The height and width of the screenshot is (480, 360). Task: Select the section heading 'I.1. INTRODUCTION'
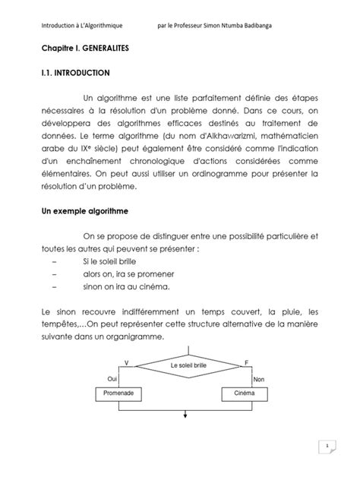pos(75,74)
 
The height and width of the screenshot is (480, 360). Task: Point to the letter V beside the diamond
pos(126,361)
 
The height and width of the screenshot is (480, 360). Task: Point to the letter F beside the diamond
pos(246,361)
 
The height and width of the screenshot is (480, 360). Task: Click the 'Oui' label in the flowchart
pos(113,378)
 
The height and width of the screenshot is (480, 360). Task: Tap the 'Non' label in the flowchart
pos(258,378)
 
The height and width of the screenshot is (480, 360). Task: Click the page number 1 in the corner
pos(327,447)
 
